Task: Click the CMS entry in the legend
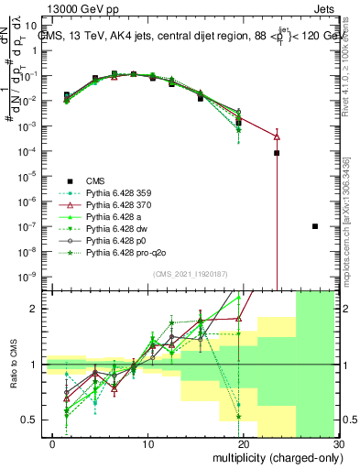click(x=98, y=180)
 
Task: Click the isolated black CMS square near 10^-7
click(x=315, y=226)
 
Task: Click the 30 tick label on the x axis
click(x=337, y=445)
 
